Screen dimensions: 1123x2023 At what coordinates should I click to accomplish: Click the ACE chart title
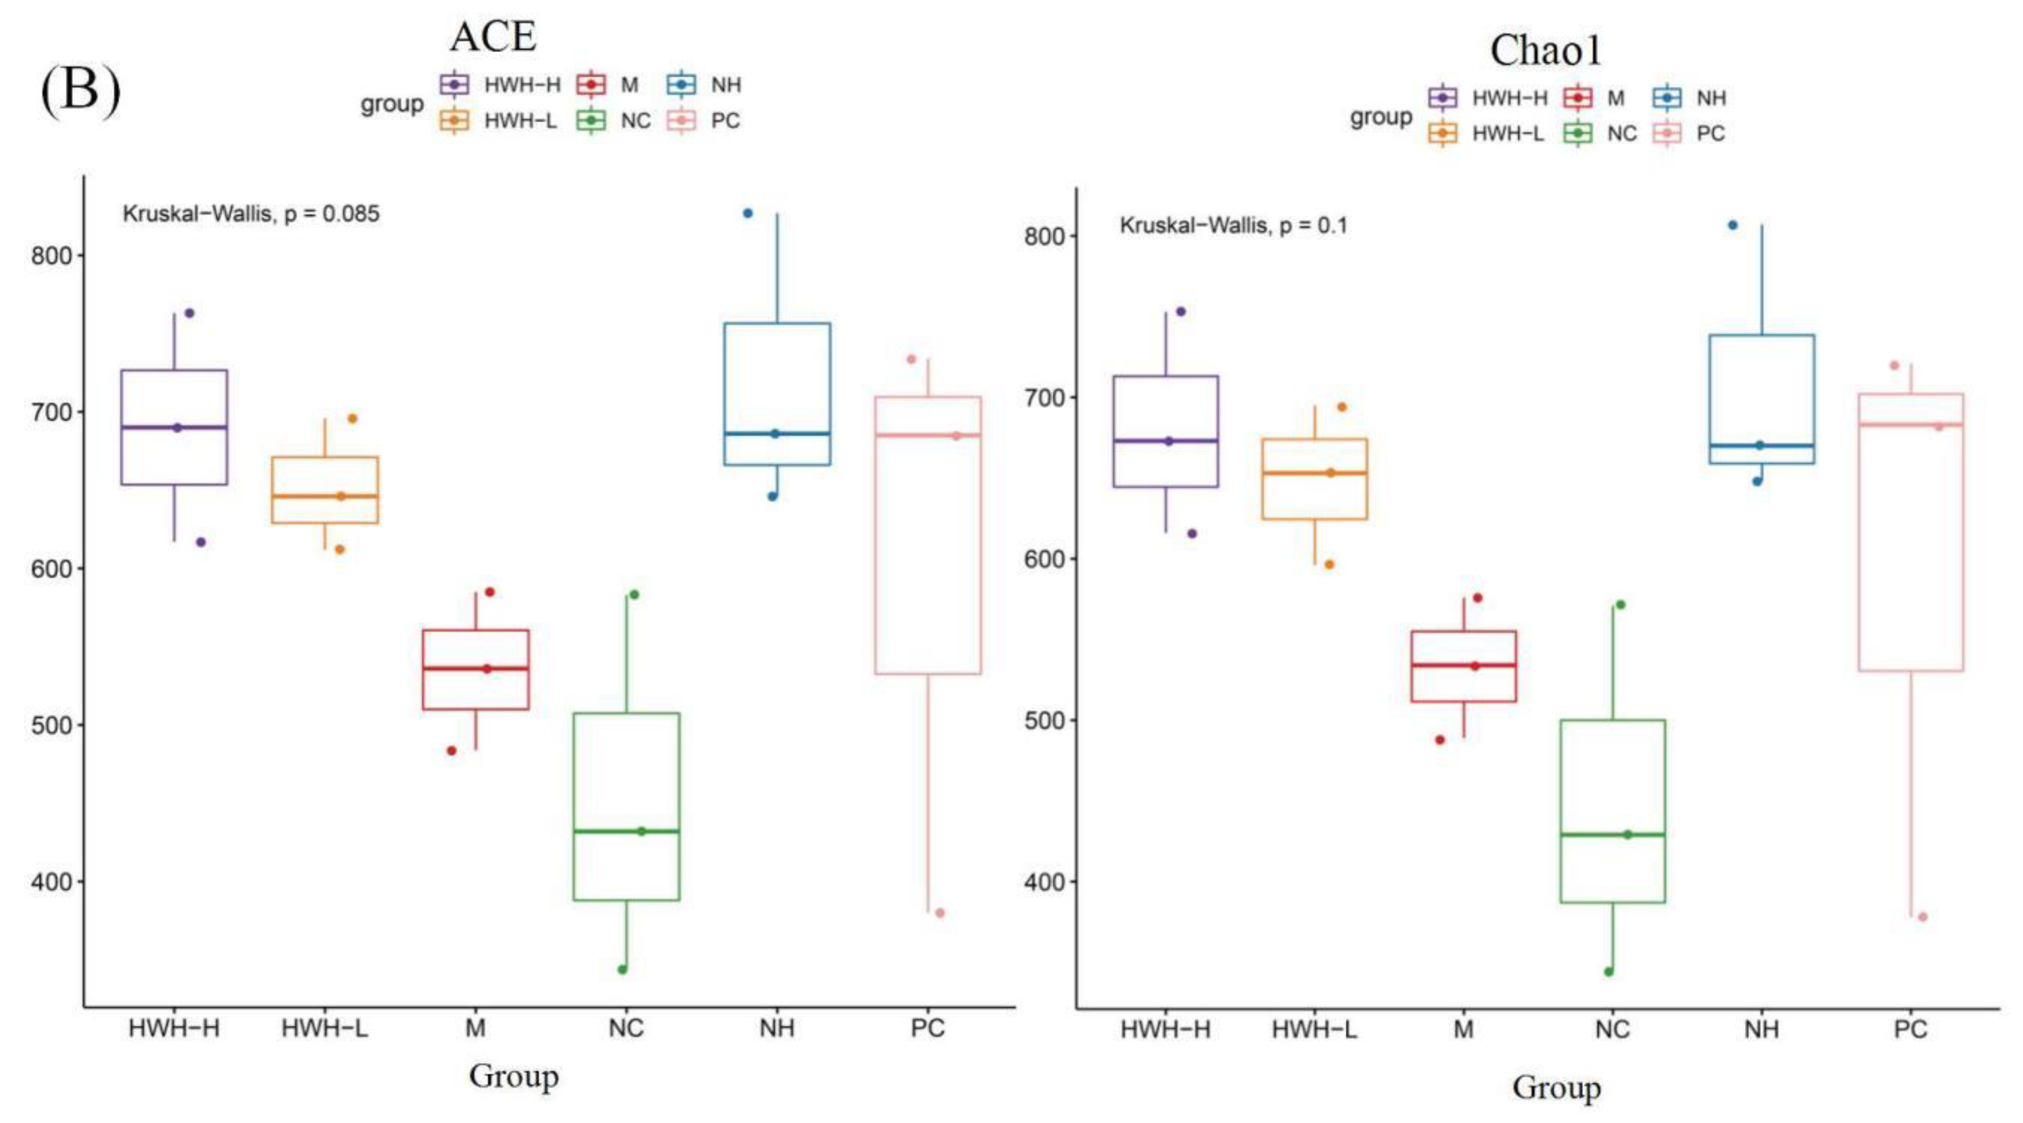[493, 37]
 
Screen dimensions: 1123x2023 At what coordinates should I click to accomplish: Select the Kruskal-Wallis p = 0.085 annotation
[251, 214]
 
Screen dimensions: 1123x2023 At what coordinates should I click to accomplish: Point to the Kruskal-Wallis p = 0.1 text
[1233, 226]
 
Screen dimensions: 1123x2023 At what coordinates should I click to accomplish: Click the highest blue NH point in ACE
[747, 213]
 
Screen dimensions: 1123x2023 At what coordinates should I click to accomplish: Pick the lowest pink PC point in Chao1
[1923, 917]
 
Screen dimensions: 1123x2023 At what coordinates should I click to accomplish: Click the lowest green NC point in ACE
[622, 969]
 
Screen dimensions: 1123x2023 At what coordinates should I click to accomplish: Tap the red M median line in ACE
[475, 669]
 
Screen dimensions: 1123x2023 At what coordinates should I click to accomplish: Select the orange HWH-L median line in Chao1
[1315, 473]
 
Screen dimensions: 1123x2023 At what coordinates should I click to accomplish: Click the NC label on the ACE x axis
[626, 1028]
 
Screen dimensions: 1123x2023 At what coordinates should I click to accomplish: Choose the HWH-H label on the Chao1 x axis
[1165, 1029]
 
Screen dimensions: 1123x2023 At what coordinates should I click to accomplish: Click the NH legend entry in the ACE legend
[705, 85]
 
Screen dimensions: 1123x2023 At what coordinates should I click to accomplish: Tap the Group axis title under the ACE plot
[514, 1076]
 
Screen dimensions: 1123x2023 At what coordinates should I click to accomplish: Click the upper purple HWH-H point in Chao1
[1180, 312]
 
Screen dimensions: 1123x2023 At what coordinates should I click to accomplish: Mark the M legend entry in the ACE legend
[608, 85]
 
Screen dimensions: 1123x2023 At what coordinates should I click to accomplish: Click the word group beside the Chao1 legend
[1380, 117]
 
